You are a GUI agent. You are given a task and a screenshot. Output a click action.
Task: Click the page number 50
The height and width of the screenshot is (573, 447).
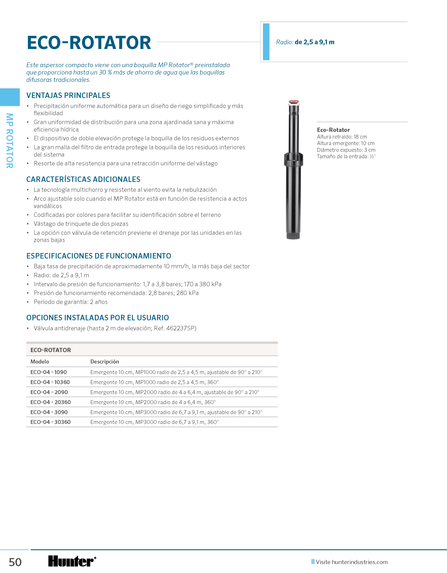pos(15,562)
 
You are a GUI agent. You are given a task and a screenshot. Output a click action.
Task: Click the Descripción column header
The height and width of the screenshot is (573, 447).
pos(104,362)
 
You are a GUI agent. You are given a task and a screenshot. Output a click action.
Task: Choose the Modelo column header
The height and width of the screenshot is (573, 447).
pos(40,362)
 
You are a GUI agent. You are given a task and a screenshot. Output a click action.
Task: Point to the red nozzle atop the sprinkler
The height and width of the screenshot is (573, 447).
pos(294,102)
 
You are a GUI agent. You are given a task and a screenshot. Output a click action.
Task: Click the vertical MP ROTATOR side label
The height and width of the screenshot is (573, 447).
pos(9,141)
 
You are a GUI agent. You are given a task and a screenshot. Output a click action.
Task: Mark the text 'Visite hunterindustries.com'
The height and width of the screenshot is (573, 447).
pos(351,562)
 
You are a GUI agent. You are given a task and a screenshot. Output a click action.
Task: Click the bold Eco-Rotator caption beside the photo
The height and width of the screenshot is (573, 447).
pos(333,130)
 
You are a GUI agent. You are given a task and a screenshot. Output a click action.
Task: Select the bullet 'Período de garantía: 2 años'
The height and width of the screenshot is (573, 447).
pos(70,302)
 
